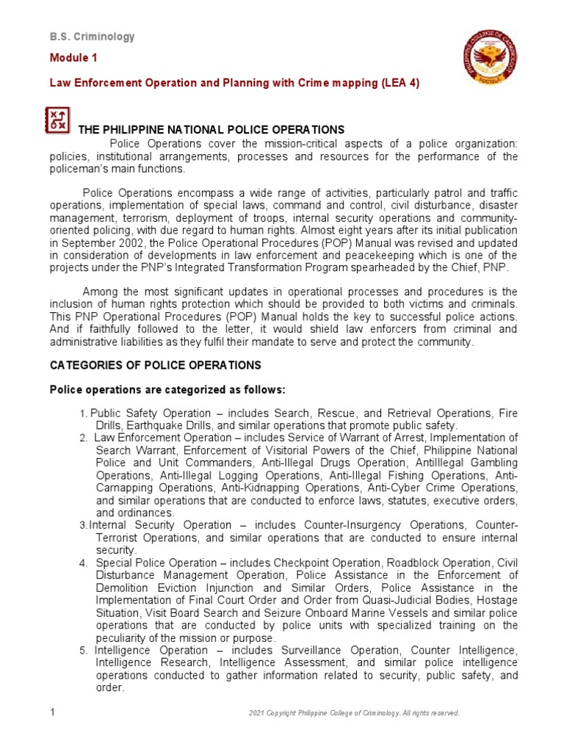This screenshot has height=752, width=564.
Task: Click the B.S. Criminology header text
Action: (92, 37)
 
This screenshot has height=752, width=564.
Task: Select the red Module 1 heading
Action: (73, 58)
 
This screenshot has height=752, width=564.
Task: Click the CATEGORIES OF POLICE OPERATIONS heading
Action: (155, 365)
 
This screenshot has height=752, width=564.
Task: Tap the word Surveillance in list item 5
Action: (283, 651)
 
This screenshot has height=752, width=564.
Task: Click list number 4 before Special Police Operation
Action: (84, 563)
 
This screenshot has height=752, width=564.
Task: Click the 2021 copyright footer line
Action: (355, 713)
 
